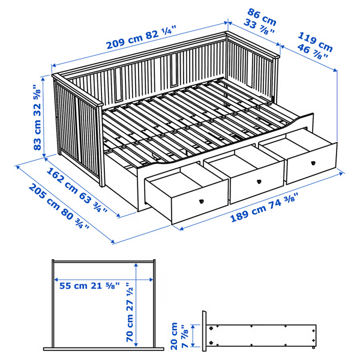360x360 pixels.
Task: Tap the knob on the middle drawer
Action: click(x=259, y=182)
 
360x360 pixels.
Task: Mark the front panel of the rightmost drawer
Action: click(x=313, y=163)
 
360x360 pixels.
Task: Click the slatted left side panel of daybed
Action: click(x=78, y=129)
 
